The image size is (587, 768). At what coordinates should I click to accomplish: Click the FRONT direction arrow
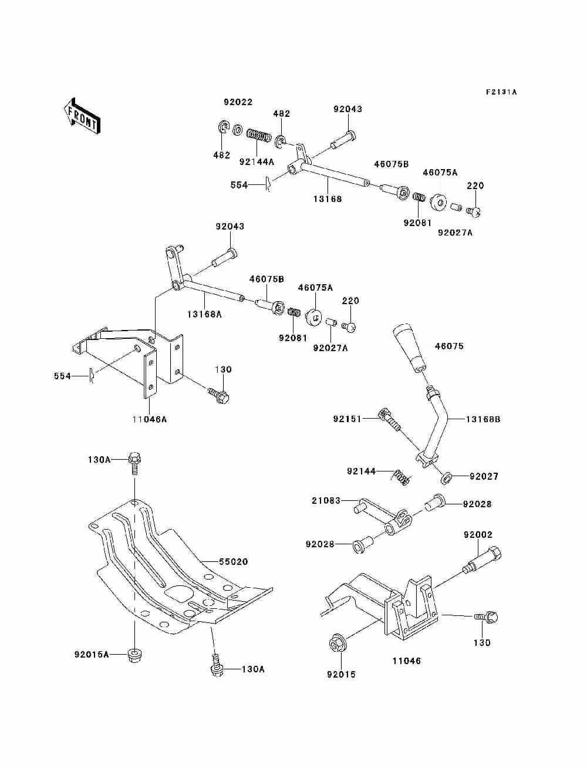pyautogui.click(x=83, y=116)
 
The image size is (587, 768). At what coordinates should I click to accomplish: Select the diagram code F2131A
pyautogui.click(x=501, y=92)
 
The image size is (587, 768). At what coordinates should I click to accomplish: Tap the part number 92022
pyautogui.click(x=238, y=102)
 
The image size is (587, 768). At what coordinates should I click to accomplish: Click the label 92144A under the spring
pyautogui.click(x=257, y=162)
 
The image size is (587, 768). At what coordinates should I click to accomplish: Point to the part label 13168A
pyautogui.click(x=204, y=314)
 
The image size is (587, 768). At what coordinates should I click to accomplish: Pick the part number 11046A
pyautogui.click(x=149, y=419)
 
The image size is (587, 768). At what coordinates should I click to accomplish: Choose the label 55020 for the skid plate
pyautogui.click(x=233, y=561)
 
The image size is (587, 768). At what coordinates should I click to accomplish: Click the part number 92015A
pyautogui.click(x=92, y=654)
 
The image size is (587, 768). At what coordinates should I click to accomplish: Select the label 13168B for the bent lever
pyautogui.click(x=483, y=419)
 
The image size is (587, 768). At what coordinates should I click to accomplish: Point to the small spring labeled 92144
pyautogui.click(x=400, y=477)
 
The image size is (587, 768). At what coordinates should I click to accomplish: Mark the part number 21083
pyautogui.click(x=326, y=501)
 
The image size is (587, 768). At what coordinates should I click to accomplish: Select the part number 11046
pyautogui.click(x=406, y=661)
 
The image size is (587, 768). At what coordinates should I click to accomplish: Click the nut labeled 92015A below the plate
pyautogui.click(x=134, y=655)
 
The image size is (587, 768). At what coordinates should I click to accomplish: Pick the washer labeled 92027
pyautogui.click(x=446, y=478)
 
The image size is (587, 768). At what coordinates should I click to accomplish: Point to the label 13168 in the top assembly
pyautogui.click(x=328, y=198)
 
